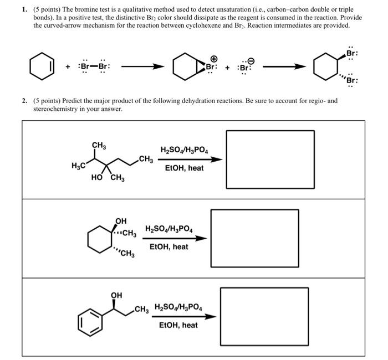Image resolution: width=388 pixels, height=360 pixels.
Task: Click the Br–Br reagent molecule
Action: pyautogui.click(x=95, y=66)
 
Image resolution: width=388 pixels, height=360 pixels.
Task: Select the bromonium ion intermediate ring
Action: pyautogui.click(x=183, y=67)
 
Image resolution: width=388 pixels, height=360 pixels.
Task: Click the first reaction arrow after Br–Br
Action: pyautogui.click(x=142, y=67)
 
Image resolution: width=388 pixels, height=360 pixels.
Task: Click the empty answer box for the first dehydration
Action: pyautogui.click(x=270, y=160)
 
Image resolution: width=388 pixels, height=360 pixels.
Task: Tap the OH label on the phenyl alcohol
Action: pyautogui.click(x=116, y=295)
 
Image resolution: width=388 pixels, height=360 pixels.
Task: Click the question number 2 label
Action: pyautogui.click(x=24, y=101)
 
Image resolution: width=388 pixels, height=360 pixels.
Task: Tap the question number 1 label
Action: pyautogui.click(x=24, y=9)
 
